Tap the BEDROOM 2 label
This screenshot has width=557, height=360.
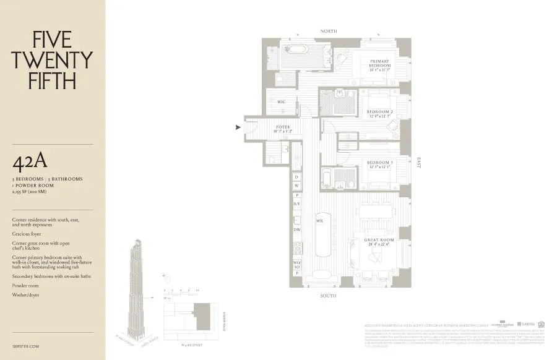click(x=380, y=112)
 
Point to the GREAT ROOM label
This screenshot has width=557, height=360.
click(x=379, y=240)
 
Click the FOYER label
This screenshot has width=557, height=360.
click(x=282, y=127)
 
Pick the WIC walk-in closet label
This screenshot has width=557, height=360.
click(x=281, y=101)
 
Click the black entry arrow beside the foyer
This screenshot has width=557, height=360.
click(x=238, y=128)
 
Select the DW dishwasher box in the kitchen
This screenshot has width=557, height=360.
click(x=297, y=229)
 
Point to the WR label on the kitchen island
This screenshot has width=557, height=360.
click(x=320, y=220)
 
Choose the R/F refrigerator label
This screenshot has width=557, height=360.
click(x=297, y=204)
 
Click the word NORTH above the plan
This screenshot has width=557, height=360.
click(x=329, y=31)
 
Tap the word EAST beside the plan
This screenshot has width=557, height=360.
click(x=419, y=163)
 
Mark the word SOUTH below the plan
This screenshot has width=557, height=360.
click(x=328, y=296)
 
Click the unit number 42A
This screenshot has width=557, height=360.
click(x=30, y=162)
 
